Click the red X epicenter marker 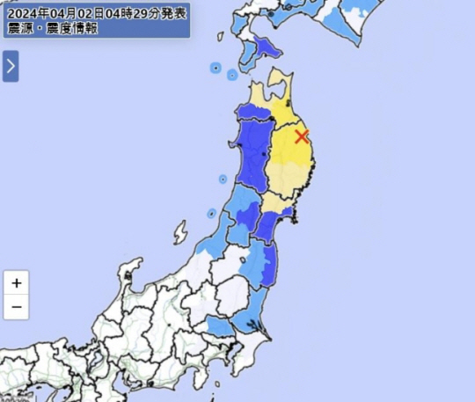(302, 136)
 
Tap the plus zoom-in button (16, 283)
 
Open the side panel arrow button (11, 66)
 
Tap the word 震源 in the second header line (19, 28)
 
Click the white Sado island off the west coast (180, 233)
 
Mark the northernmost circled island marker (215, 67)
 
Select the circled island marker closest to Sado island (211, 214)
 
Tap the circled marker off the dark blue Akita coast (223, 179)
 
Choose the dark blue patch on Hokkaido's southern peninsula (267, 49)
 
